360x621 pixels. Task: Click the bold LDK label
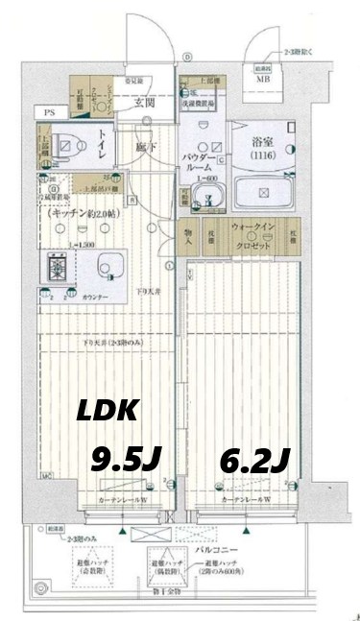109,414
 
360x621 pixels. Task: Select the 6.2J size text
256,462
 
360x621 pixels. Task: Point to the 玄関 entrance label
145,102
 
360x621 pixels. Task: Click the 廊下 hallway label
143,148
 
